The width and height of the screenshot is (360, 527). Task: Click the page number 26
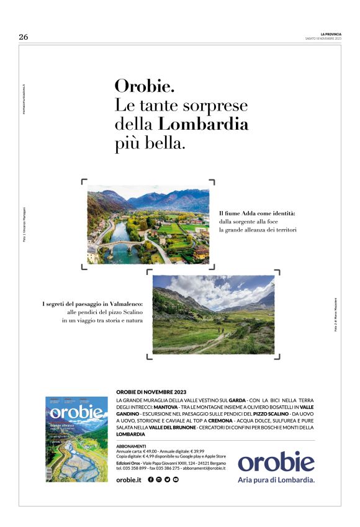24,37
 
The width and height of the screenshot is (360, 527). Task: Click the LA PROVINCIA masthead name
331,34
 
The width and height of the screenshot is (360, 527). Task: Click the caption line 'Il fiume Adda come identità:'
257,214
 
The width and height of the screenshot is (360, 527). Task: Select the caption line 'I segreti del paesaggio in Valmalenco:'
92,304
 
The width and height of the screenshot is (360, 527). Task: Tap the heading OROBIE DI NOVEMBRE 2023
151,392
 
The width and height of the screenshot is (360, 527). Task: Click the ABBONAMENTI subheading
131,446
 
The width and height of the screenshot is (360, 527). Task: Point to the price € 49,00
152,451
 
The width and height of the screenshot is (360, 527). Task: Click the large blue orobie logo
276,462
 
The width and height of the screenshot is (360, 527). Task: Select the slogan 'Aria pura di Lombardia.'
276,480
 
